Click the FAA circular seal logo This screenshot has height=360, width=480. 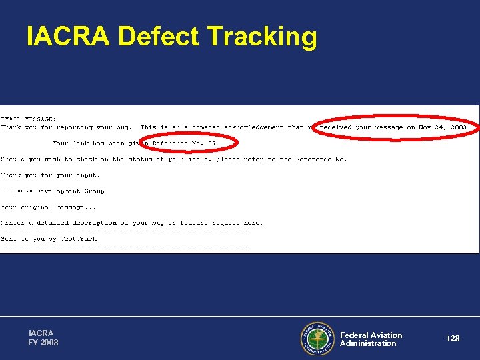(317, 339)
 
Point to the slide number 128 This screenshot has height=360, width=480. (453, 339)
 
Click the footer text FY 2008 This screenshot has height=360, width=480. (43, 343)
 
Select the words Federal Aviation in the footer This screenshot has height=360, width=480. (371, 335)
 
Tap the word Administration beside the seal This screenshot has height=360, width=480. (368, 343)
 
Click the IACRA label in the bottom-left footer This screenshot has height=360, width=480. (41, 333)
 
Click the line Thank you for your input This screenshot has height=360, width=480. (50, 175)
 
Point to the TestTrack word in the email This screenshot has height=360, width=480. (79, 238)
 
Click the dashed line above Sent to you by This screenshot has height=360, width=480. (124, 231)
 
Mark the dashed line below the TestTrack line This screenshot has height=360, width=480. (124, 247)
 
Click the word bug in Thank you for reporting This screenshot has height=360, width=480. (123, 127)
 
